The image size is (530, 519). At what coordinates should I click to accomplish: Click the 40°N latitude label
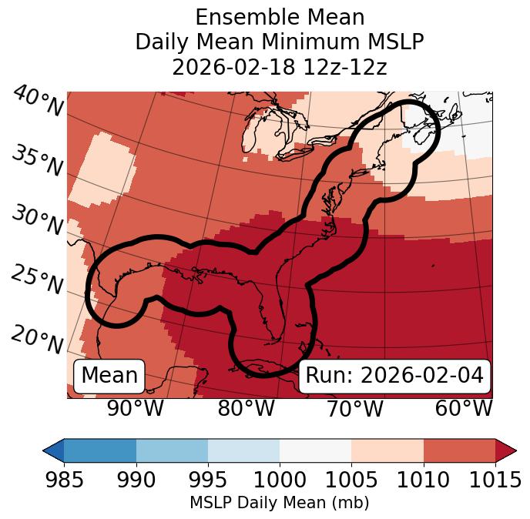coord(38,102)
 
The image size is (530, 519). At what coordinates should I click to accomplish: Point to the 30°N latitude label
coord(38,221)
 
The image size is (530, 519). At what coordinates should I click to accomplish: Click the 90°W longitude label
coord(136,408)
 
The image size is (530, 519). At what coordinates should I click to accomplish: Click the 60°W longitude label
coord(464,408)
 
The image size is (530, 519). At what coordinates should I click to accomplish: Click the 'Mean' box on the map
coord(109,376)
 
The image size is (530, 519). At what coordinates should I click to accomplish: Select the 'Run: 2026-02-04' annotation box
coord(394,376)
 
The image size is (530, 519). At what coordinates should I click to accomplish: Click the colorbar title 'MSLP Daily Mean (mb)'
coord(279,504)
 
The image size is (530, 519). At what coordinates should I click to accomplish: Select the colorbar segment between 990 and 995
coord(172,450)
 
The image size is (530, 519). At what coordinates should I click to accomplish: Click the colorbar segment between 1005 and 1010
coord(387,450)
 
